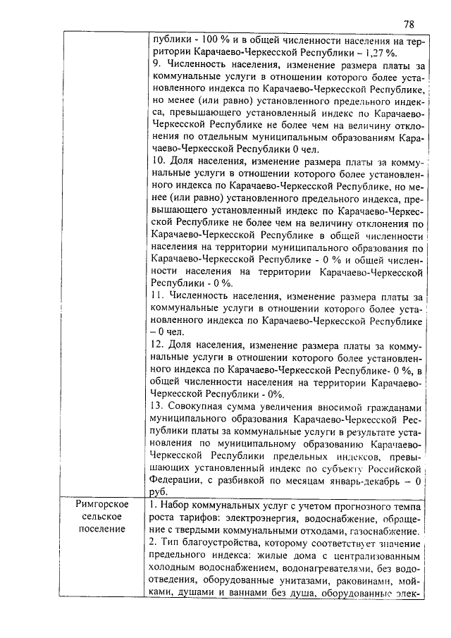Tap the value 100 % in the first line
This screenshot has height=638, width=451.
pyautogui.click(x=206, y=40)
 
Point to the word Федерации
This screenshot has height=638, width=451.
pyautogui.click(x=179, y=480)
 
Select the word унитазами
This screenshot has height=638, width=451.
pyautogui.click(x=303, y=580)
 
